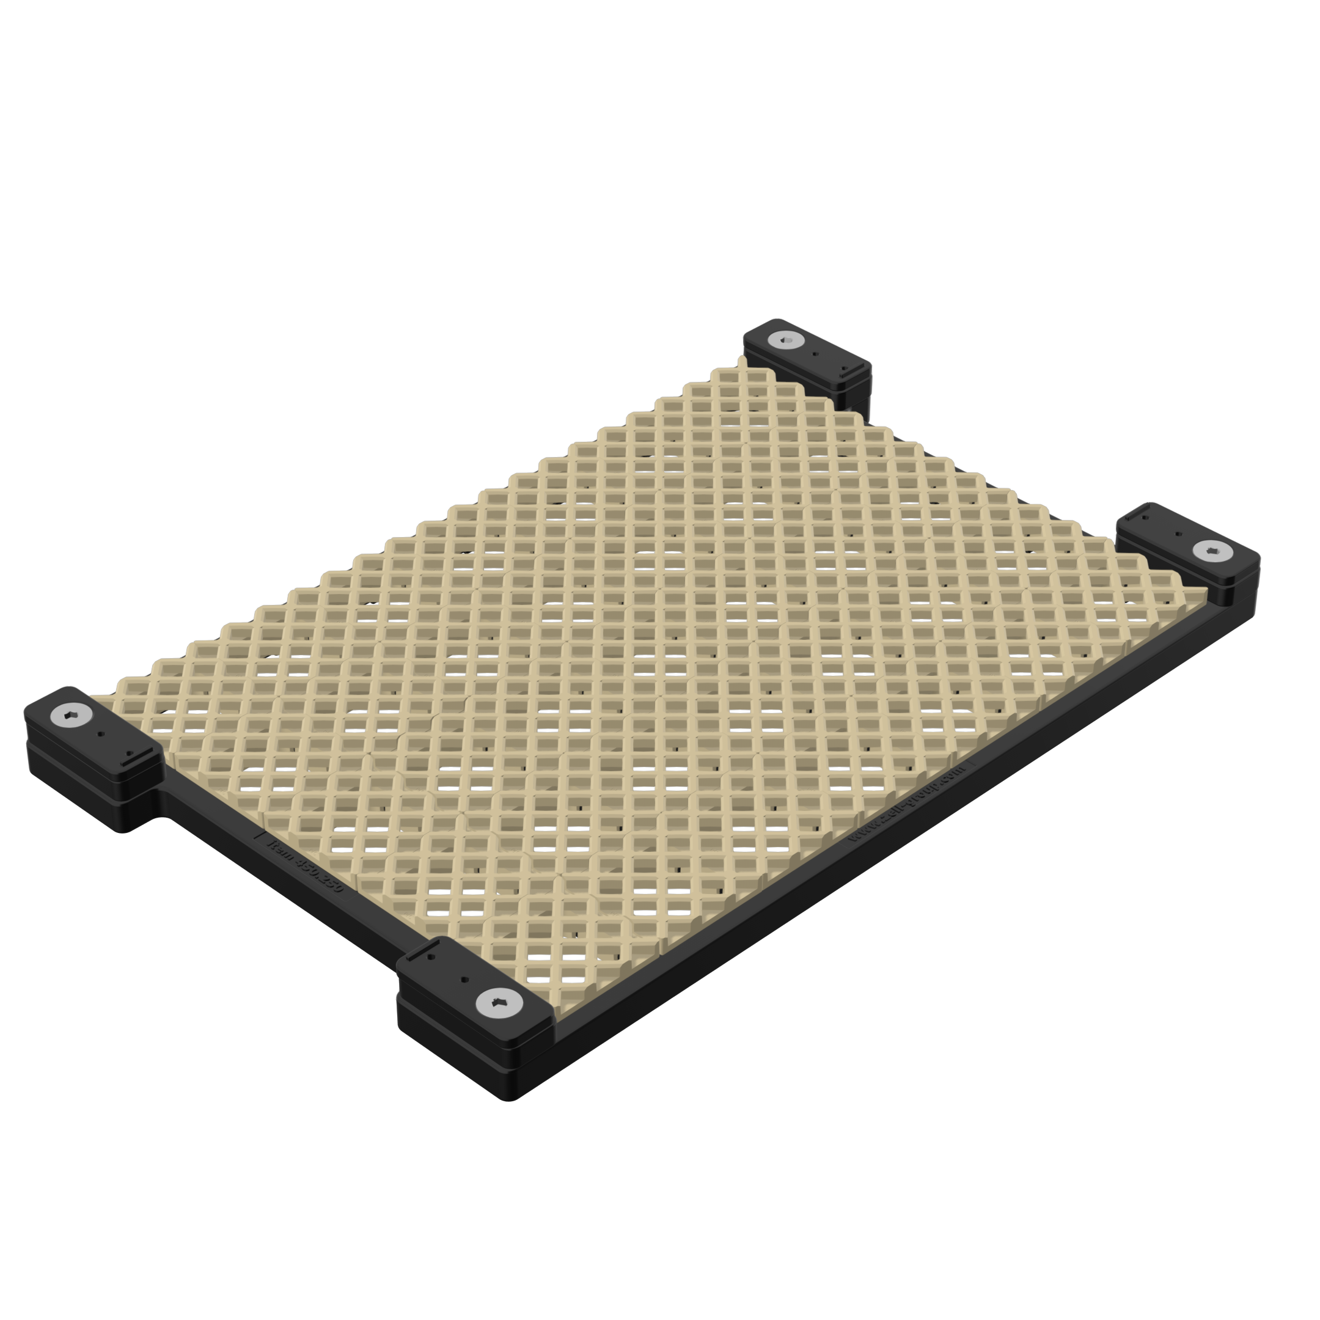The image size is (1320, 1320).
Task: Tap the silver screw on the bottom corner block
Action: [x=499, y=1002]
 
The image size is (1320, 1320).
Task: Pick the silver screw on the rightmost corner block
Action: [x=1212, y=550]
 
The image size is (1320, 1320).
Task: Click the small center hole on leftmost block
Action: [x=101, y=735]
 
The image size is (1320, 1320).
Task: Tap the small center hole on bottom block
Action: [x=464, y=979]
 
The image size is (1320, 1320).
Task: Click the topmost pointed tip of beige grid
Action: [x=742, y=358]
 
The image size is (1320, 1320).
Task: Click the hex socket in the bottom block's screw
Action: [x=499, y=1002]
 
